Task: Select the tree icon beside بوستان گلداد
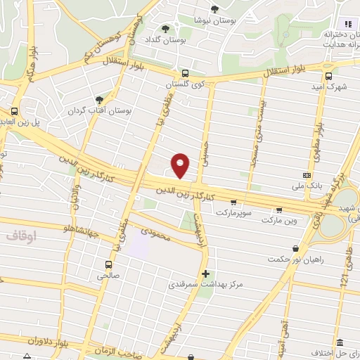point(165,29)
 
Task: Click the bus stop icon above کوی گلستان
point(184,72)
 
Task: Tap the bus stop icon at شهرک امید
point(328,77)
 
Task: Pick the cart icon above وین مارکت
point(280,210)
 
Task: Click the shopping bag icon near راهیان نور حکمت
point(295,247)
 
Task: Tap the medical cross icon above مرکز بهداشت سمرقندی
point(205,273)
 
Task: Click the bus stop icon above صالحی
point(108,264)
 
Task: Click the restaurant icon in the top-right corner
point(347,25)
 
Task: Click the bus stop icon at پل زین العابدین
point(13,110)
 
